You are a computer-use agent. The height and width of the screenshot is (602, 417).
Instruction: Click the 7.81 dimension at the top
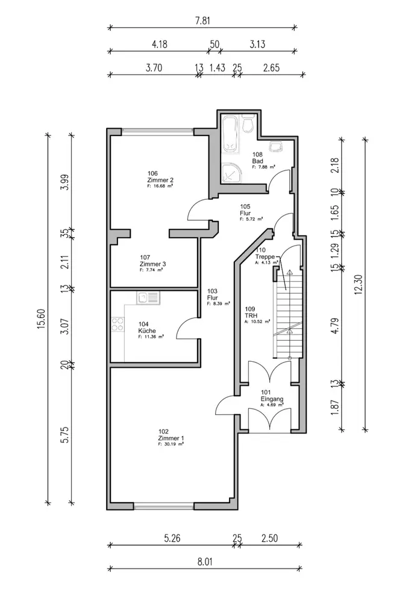[x=202, y=20]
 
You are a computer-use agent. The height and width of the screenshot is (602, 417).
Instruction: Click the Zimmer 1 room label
[x=171, y=438]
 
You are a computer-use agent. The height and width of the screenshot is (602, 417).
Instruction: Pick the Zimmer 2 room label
[x=160, y=180]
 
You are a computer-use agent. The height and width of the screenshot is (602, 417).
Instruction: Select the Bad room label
[x=258, y=161]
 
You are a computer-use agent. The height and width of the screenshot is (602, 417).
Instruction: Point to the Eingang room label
[x=272, y=398]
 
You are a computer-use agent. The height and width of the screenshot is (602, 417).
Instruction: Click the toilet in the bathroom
[x=248, y=125]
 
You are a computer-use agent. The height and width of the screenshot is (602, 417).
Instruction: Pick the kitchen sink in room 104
[x=147, y=297]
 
